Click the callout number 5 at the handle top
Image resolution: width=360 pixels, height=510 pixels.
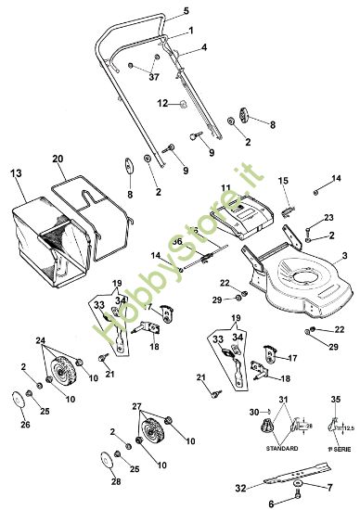(x=186, y=10)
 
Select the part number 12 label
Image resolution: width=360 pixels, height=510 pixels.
(x=161, y=103)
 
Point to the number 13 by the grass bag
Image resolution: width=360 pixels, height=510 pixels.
(x=16, y=173)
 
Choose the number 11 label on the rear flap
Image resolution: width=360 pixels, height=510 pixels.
(x=225, y=189)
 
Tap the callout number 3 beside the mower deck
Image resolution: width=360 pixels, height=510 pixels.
(x=343, y=254)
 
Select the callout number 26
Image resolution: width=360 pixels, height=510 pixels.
(x=25, y=426)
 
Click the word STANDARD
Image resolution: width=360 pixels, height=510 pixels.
(x=281, y=448)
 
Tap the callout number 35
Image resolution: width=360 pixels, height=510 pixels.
(x=335, y=401)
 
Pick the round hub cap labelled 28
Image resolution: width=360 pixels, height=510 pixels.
(x=104, y=461)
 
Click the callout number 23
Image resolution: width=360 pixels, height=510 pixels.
(x=328, y=217)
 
